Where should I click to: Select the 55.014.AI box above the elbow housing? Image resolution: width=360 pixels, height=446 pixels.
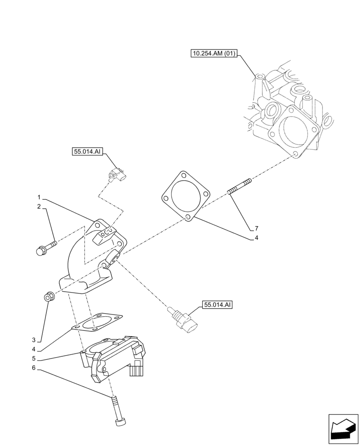click(x=87, y=152)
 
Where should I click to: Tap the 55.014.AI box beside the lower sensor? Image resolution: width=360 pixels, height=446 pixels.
click(x=218, y=305)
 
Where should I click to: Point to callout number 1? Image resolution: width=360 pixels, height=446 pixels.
click(x=39, y=197)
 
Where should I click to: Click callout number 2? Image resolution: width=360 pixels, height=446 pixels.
click(x=39, y=206)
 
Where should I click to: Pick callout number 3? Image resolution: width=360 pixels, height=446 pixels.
click(x=39, y=340)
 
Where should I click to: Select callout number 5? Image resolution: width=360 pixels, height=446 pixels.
click(x=39, y=359)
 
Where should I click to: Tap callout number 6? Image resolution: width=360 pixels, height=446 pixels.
click(x=39, y=368)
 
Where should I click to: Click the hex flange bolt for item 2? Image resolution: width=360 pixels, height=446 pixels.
click(x=45, y=248)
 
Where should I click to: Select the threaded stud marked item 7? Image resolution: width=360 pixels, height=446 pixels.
click(x=240, y=186)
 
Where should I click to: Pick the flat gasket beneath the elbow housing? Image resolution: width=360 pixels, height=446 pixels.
click(x=97, y=323)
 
